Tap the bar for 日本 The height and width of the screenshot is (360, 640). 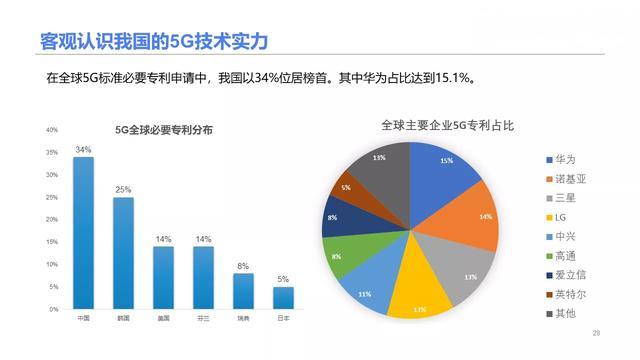pyautogui.click(x=283, y=298)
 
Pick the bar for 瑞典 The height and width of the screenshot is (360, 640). pyautogui.click(x=243, y=291)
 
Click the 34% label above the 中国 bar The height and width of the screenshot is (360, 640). pyautogui.click(x=83, y=150)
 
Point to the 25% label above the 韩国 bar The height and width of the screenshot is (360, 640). pyautogui.click(x=123, y=190)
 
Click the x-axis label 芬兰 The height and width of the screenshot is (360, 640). pyautogui.click(x=203, y=319)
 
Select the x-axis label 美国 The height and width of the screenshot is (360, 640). pyautogui.click(x=163, y=319)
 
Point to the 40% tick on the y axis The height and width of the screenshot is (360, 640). pyautogui.click(x=51, y=130)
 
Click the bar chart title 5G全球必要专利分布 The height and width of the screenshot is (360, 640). pyautogui.click(x=163, y=129)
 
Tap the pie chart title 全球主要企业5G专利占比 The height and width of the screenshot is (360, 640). pyautogui.click(x=447, y=126)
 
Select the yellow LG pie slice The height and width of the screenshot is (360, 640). pyautogui.click(x=419, y=289)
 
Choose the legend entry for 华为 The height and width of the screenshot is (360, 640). pyautogui.click(x=564, y=160)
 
